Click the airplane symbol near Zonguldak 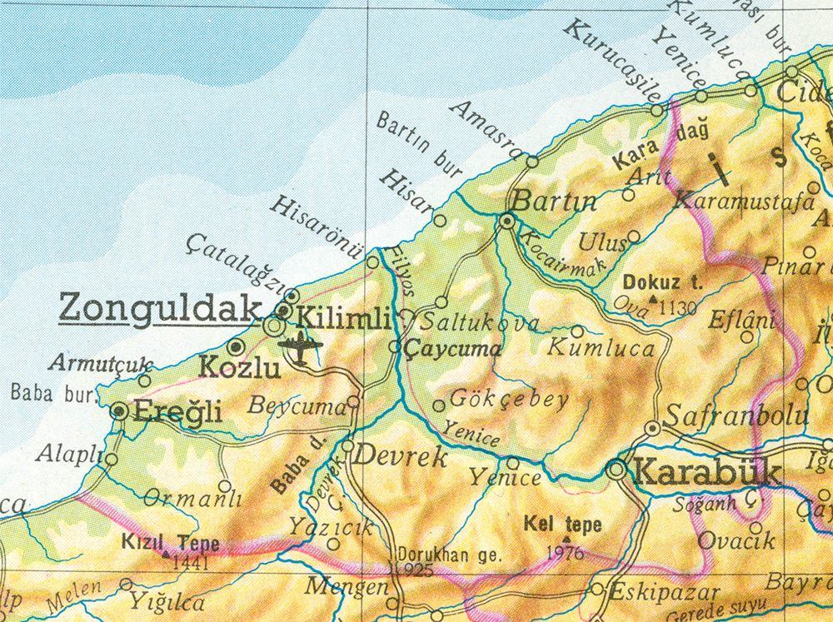click(x=300, y=345)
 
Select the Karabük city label click(x=707, y=472)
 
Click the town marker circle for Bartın click(x=506, y=221)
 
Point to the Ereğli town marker click(x=120, y=411)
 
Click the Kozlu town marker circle click(x=236, y=346)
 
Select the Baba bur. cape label click(x=44, y=392)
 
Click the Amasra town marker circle click(x=532, y=162)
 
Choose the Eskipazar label click(x=652, y=593)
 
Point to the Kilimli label click(x=343, y=318)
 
